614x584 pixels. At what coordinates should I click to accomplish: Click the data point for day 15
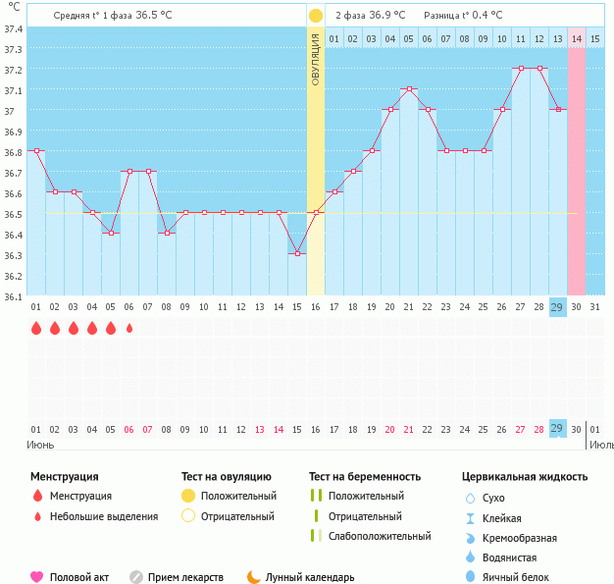(297, 253)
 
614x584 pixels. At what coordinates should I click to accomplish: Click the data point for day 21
(409, 89)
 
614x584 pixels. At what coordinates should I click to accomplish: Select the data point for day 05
(111, 233)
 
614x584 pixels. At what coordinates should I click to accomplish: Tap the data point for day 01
(36, 150)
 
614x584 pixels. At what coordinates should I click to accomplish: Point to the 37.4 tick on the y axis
(13, 28)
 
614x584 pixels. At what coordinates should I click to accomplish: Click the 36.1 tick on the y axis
(13, 295)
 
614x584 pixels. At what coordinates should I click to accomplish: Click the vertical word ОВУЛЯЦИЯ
(316, 60)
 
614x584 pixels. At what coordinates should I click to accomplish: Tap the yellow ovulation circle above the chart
(316, 16)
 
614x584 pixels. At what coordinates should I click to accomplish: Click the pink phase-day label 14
(577, 38)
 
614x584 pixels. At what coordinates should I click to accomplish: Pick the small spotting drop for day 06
(129, 328)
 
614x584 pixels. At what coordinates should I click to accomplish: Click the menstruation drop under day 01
(36, 328)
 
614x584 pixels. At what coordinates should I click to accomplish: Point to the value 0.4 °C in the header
(483, 16)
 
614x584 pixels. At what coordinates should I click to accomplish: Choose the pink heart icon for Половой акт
(37, 577)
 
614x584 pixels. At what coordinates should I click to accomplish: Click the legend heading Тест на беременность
(365, 477)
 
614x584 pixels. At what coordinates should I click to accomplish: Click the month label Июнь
(38, 444)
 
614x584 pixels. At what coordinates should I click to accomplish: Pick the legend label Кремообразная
(520, 538)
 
